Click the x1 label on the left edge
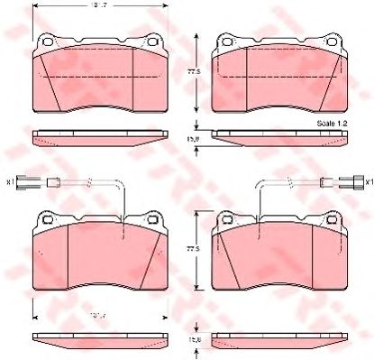pyautogui.click(x=9, y=181)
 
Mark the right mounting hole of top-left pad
pyautogui.click(x=152, y=41)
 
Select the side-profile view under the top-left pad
pyautogui.click(x=98, y=138)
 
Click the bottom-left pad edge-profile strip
pyautogui.click(x=98, y=341)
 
